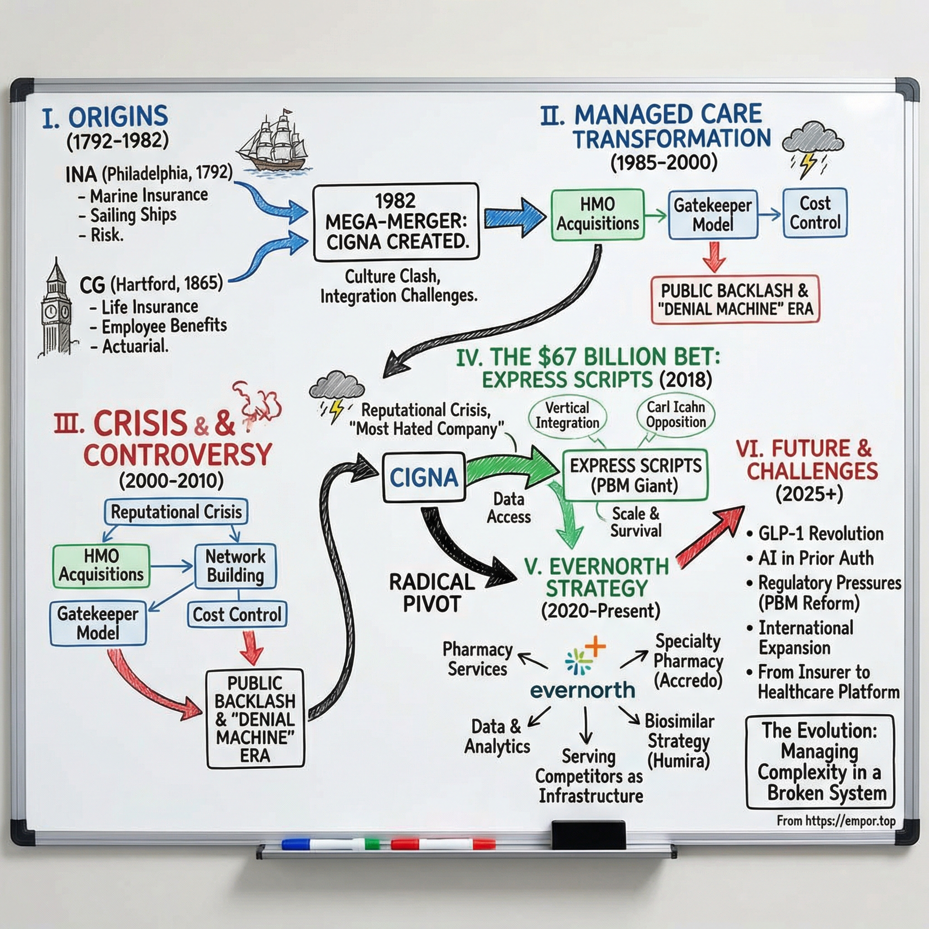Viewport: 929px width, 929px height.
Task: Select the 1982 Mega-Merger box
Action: click(396, 222)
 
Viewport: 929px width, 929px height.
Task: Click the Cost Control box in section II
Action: click(815, 213)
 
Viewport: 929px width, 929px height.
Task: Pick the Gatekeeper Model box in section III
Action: click(98, 623)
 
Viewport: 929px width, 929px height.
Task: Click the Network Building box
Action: click(235, 566)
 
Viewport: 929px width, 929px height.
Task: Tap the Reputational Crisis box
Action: click(176, 512)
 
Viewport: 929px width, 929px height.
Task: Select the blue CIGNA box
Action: click(424, 477)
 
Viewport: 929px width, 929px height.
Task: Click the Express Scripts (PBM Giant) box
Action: click(635, 475)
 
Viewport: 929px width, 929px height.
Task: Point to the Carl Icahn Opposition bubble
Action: click(675, 415)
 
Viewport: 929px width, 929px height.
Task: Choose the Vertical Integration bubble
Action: click(567, 416)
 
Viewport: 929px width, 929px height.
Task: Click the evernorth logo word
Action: click(582, 690)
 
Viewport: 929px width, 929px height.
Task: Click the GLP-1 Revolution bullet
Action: click(820, 534)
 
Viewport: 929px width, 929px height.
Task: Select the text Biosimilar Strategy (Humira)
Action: click(679, 740)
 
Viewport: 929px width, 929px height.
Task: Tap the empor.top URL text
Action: click(836, 821)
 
